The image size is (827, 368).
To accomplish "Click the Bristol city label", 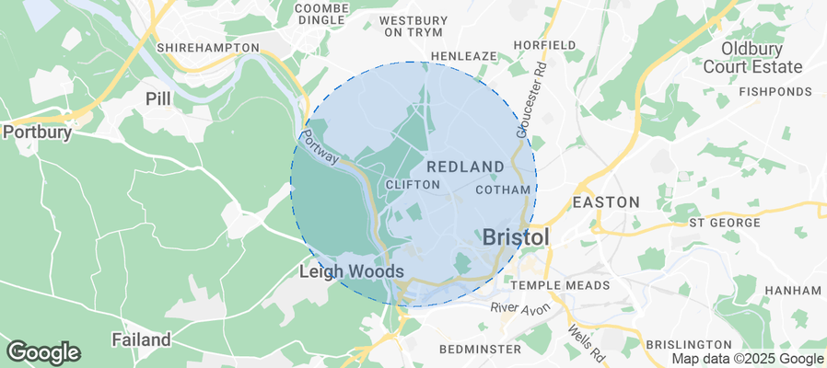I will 516,236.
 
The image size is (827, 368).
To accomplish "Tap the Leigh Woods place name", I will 352,272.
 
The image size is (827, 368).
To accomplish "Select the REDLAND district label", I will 465,167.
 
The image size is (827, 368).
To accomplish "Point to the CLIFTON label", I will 413,185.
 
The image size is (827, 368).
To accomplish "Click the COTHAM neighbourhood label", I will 504,190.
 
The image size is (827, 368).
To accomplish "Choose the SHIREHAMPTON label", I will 208,47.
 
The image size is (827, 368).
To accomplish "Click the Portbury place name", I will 38,132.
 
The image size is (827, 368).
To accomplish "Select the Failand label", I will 141,339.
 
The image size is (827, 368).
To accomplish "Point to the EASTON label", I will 606,201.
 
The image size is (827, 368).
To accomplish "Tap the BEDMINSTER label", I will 480,350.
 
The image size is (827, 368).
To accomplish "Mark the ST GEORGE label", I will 725,223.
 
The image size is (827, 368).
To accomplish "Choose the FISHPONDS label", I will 775,92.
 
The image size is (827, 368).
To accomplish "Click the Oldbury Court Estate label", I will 764,57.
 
